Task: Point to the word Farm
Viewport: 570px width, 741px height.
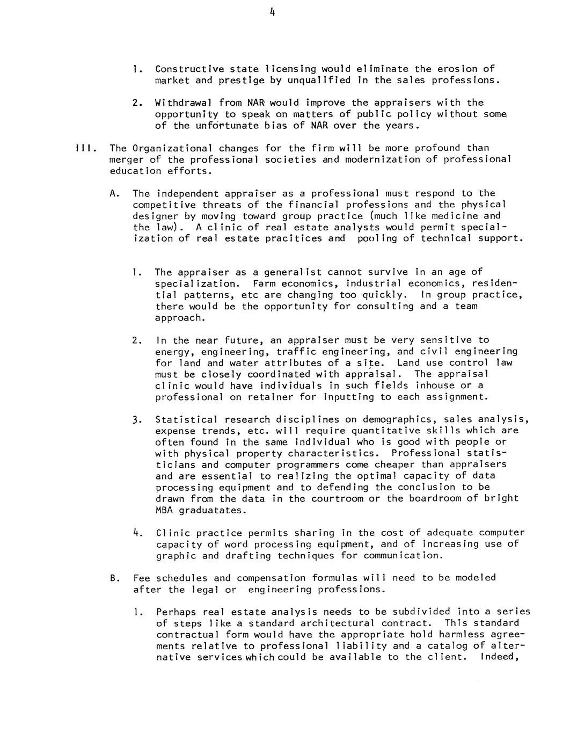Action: [x=264, y=284]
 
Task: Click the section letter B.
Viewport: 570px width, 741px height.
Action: [x=114, y=578]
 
